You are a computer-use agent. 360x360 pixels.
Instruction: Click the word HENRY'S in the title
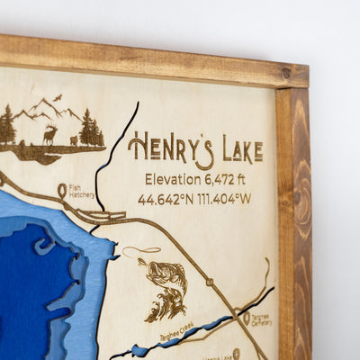[x=171, y=148]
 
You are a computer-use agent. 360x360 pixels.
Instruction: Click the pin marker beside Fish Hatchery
[x=63, y=191]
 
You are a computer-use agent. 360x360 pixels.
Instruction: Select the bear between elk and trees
[x=73, y=140]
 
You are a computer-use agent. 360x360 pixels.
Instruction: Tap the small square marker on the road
[x=209, y=282]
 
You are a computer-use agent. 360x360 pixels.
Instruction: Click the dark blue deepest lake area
[x=36, y=288]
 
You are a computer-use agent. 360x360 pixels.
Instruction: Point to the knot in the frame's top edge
[x=286, y=73]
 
